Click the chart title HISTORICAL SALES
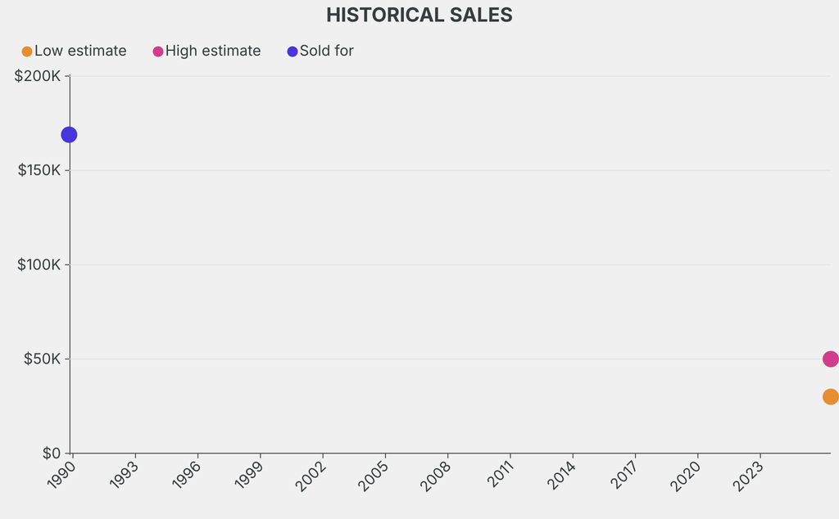point(419,15)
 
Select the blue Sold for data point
point(69,135)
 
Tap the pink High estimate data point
point(831,359)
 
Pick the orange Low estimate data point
point(831,396)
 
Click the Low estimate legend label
point(80,51)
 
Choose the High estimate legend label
point(213,51)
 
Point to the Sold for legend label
point(326,51)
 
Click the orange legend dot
point(27,52)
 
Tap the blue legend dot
point(293,52)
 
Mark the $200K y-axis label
point(38,76)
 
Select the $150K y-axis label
point(39,170)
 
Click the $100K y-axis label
point(39,264)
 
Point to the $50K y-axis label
point(43,358)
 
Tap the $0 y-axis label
point(52,453)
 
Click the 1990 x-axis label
point(61,474)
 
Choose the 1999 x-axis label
point(249,474)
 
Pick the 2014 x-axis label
point(561,475)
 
